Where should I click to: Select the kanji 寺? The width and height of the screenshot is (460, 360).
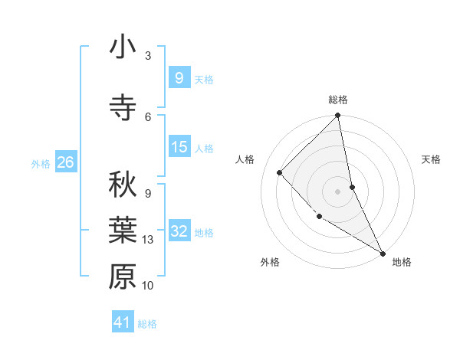123,107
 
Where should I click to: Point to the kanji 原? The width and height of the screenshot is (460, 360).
123,277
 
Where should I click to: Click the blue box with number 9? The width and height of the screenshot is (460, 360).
179,77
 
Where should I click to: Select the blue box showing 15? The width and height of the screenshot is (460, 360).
179,147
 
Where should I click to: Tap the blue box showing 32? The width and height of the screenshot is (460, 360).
179,231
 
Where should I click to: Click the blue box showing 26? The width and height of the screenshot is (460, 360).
66,162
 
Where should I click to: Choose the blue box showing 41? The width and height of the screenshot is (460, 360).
123,322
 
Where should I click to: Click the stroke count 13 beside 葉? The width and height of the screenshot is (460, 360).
149,240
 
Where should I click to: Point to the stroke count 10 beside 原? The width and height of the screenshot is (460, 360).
149,286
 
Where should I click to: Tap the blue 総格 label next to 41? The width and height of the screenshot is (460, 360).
147,324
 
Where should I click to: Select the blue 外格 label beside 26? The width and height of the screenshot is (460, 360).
41,163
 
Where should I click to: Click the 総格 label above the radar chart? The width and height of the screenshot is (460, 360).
338,100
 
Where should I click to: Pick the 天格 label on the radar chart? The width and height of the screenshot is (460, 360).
432,159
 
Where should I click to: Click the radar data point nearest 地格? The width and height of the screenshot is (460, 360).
383,253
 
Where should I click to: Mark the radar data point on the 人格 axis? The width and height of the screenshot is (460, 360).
280,172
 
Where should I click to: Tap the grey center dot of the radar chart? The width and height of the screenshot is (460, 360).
338,191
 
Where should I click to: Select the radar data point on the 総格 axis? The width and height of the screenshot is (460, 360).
338,116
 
